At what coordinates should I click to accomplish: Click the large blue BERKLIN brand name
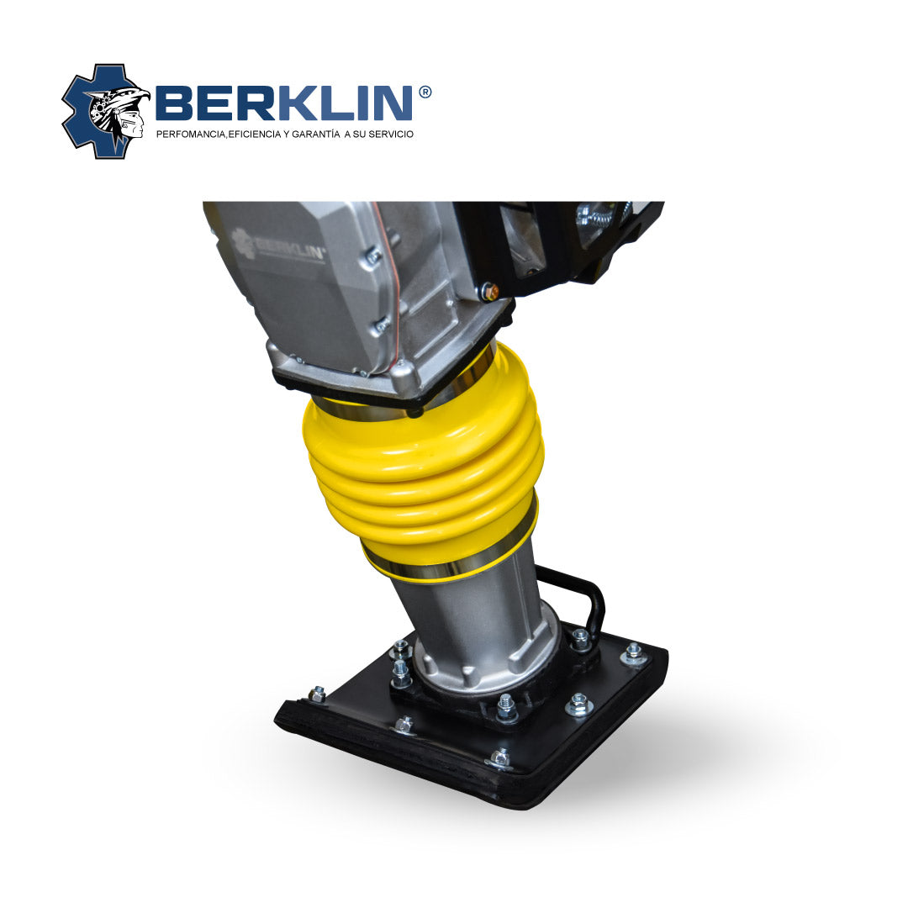click(x=284, y=103)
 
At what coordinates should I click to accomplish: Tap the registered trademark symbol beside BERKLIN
click(x=425, y=92)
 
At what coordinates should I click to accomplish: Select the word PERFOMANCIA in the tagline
click(x=190, y=135)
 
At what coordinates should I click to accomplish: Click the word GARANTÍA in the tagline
click(x=315, y=134)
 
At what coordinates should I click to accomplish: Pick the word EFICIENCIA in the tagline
click(x=254, y=135)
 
